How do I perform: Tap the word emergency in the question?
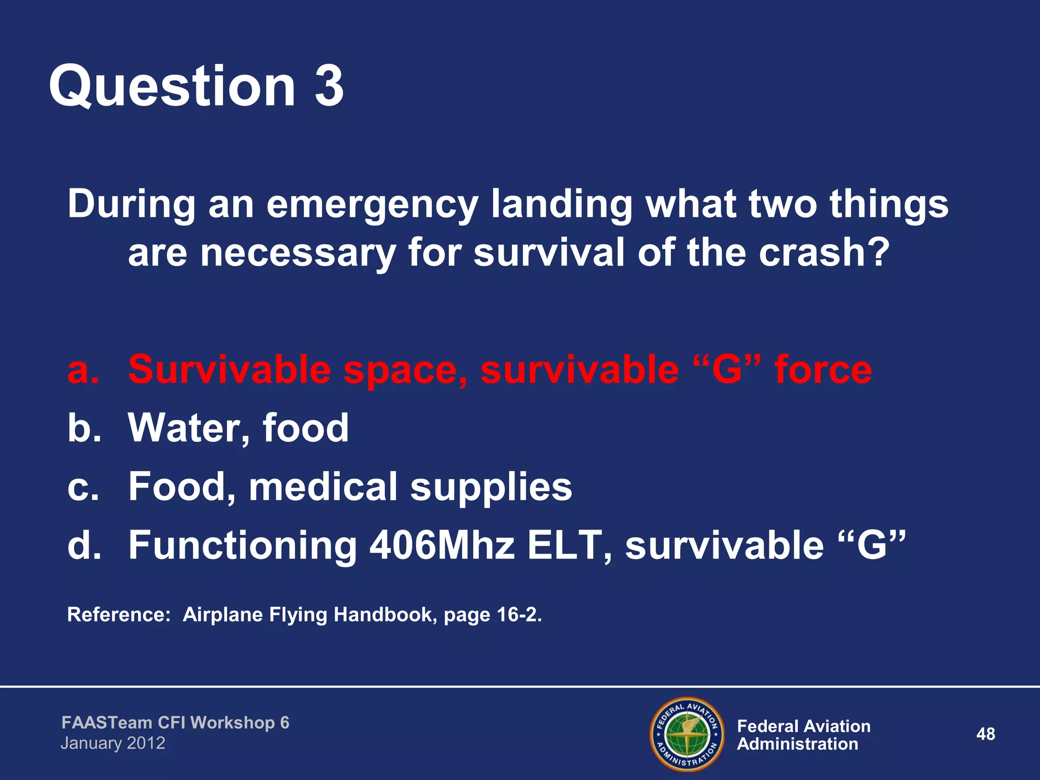click(x=372, y=204)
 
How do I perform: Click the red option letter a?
click(x=83, y=370)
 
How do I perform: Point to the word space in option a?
click(x=405, y=371)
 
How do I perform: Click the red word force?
click(x=823, y=370)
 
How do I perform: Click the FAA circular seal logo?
click(x=687, y=734)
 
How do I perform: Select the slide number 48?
click(x=985, y=734)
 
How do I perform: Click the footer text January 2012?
click(x=113, y=743)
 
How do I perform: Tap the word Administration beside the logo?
click(x=797, y=744)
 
